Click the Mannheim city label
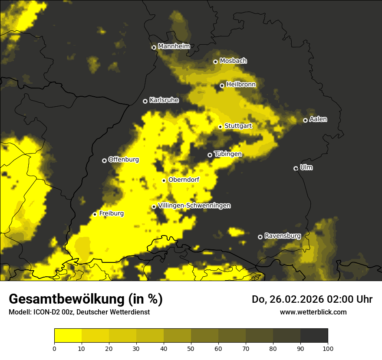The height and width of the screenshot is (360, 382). (x=174, y=46)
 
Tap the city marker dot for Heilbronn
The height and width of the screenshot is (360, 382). (x=222, y=85)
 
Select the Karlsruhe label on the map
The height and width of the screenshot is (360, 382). (x=164, y=100)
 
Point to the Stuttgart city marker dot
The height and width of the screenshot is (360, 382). (x=220, y=127)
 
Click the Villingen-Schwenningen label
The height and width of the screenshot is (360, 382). (x=194, y=206)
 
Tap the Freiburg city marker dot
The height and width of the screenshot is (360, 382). (x=95, y=214)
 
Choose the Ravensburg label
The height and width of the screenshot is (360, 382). (x=283, y=236)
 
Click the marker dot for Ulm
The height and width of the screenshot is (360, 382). (x=296, y=168)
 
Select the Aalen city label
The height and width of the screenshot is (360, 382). (x=318, y=119)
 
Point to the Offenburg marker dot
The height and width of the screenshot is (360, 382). (x=104, y=160)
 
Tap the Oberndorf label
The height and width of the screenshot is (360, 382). (x=184, y=180)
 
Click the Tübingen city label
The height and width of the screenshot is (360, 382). (x=227, y=154)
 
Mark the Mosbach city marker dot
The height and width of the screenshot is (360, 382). (x=215, y=62)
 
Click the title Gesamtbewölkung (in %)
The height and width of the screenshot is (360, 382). (x=86, y=299)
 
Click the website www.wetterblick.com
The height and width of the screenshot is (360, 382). (x=313, y=312)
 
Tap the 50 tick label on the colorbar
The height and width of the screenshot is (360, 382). (x=191, y=348)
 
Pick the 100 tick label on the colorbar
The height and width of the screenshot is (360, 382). (x=328, y=348)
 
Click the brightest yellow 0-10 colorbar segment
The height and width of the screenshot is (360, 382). (x=68, y=336)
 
